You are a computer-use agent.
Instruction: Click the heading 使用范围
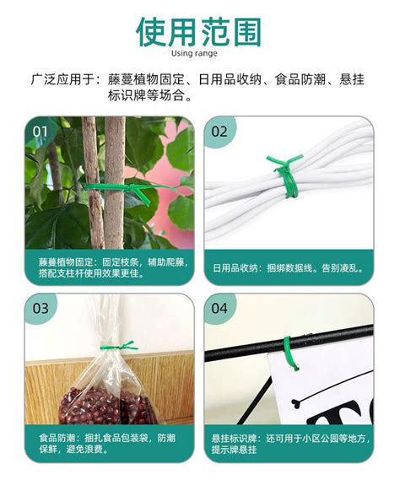pos(199,31)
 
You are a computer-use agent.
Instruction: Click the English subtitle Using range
pos(199,54)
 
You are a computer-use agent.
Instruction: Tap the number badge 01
pos(41,132)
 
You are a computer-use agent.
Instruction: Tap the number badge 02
pos(219,132)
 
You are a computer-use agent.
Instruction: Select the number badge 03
pos(41,309)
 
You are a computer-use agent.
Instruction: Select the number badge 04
pos(219,309)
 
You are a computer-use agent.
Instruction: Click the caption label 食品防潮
pos(57,440)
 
